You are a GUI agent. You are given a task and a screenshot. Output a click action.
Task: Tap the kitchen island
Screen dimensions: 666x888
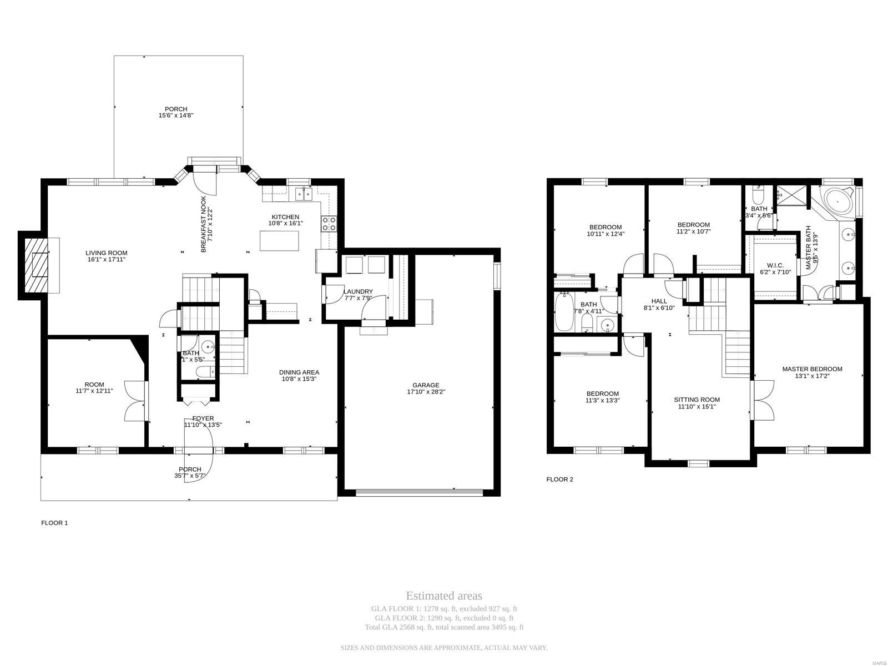click(279, 241)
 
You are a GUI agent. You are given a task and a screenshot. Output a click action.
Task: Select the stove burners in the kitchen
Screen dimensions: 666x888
click(329, 224)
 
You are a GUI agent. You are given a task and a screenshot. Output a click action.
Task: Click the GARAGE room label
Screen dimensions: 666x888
click(426, 385)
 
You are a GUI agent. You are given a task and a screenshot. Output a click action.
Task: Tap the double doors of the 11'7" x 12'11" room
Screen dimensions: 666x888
click(134, 401)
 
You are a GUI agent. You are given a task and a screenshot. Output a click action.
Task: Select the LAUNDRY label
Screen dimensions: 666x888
click(358, 291)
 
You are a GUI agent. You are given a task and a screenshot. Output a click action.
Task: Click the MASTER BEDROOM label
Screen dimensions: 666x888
click(812, 369)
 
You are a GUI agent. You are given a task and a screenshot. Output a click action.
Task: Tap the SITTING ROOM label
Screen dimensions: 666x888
click(697, 400)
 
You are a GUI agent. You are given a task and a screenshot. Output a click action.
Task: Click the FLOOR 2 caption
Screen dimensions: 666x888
click(559, 479)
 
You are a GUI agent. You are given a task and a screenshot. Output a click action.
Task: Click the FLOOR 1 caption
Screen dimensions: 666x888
click(54, 522)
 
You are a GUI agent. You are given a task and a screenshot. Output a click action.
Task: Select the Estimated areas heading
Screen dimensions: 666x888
click(444, 596)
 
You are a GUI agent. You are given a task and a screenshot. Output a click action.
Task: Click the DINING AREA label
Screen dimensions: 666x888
click(299, 372)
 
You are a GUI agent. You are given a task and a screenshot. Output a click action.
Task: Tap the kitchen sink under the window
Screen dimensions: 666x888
click(304, 194)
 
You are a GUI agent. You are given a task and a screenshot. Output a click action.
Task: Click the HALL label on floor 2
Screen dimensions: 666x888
click(659, 301)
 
